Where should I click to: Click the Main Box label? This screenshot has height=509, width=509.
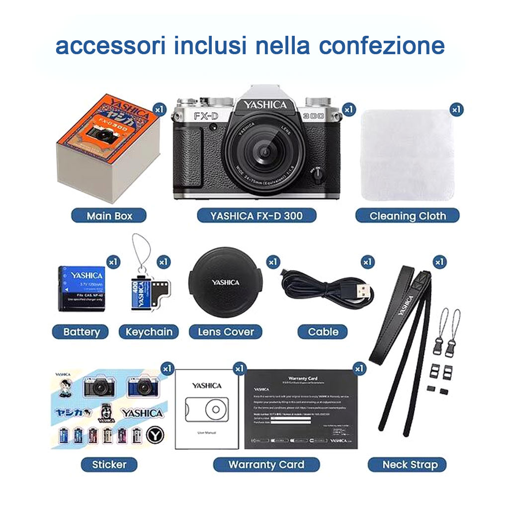point(109,216)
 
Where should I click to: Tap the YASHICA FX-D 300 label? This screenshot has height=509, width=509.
point(256,216)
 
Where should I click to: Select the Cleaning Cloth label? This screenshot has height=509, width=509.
point(408,216)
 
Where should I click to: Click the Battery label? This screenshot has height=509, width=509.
point(81,332)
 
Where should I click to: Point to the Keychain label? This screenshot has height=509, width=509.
point(149,332)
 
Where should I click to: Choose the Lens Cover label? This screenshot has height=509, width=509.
point(226,332)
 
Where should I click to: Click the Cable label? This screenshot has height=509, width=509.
point(323,332)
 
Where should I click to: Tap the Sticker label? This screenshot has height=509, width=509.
point(109,465)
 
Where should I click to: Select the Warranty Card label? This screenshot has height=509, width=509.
point(266,465)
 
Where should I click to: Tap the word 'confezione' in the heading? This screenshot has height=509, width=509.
point(381,46)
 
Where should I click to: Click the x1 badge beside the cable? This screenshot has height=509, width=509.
point(367,261)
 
